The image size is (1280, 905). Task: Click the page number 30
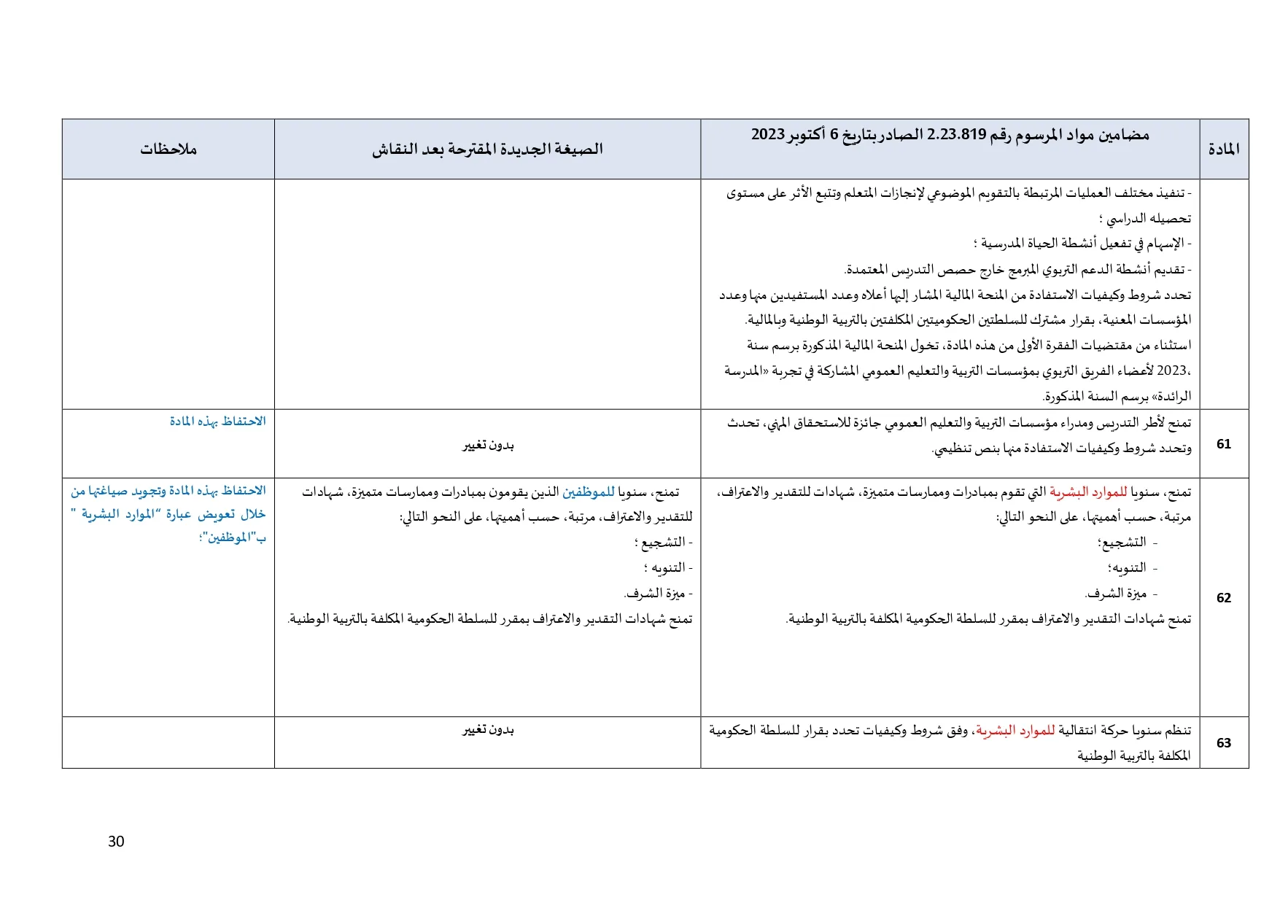[116, 842]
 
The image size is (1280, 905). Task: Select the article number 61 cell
[1223, 444]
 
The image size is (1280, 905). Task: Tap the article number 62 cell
[1223, 598]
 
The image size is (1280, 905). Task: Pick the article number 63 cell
[1223, 743]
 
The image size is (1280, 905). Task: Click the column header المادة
[1223, 149]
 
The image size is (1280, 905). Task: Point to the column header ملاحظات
[168, 149]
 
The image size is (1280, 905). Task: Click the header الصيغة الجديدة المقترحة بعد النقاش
[487, 149]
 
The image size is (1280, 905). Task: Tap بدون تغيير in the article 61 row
[488, 445]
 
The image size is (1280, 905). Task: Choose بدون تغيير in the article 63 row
[488, 730]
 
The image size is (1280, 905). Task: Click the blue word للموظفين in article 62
[588, 492]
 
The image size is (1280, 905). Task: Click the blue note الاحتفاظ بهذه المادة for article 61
[217, 422]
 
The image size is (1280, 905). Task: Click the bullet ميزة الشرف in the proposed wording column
[656, 594]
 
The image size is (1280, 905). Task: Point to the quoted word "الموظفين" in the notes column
[230, 538]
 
